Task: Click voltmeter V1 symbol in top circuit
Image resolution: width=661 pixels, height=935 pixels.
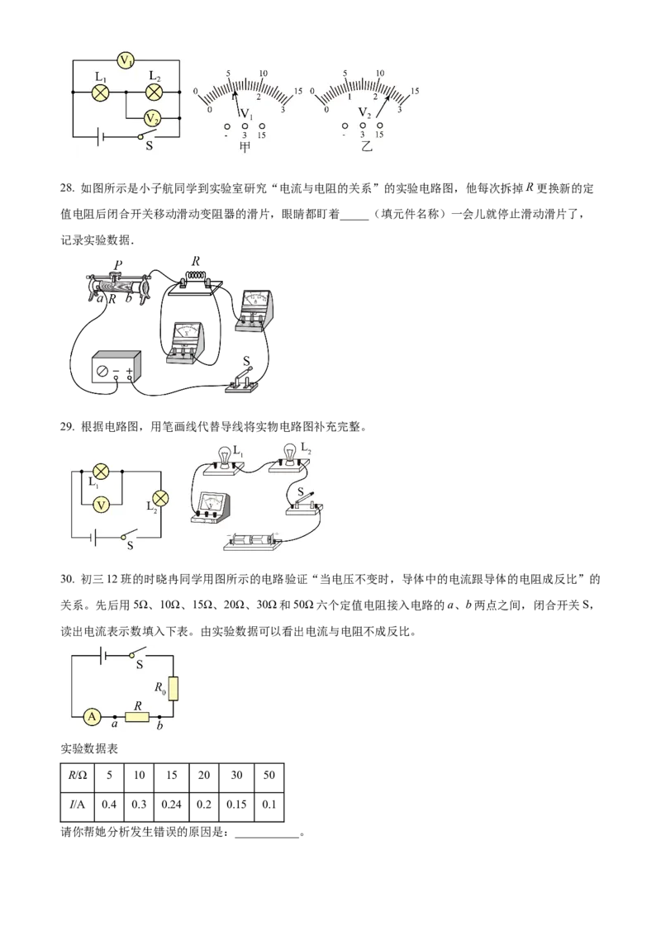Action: (x=126, y=60)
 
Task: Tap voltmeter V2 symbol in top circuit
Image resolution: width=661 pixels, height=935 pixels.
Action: (x=153, y=117)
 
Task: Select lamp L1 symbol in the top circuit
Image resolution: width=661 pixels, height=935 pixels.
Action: (x=100, y=93)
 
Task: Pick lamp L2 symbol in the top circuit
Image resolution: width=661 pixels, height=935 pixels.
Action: (x=154, y=93)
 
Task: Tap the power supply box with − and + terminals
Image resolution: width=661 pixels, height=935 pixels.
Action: (x=116, y=367)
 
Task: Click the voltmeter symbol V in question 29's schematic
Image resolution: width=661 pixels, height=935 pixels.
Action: (x=102, y=505)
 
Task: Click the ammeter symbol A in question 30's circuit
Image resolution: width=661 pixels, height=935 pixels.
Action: (x=92, y=716)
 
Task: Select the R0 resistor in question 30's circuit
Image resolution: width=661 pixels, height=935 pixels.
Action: (x=174, y=689)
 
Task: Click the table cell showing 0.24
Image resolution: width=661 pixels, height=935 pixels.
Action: (x=171, y=804)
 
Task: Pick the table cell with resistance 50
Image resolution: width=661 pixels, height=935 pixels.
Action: (x=269, y=776)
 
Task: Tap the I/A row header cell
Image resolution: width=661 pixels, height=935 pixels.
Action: (x=78, y=804)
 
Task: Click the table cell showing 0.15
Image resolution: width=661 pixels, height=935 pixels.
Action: (x=237, y=804)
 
